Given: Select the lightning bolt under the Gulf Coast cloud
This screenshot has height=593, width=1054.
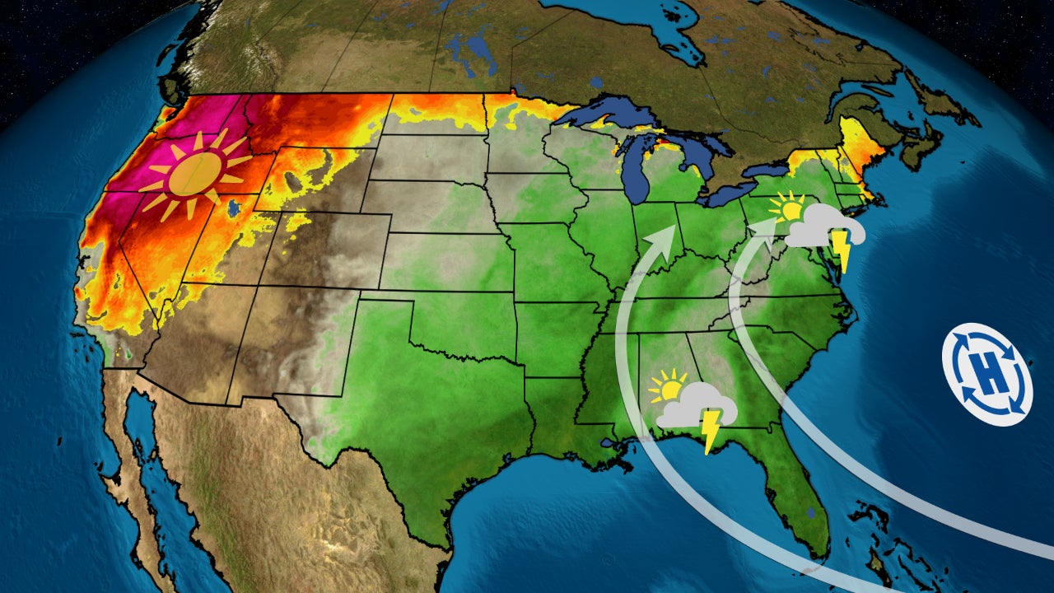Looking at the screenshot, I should click(x=708, y=430).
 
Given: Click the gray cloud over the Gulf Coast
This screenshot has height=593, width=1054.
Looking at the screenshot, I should click(x=696, y=405).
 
